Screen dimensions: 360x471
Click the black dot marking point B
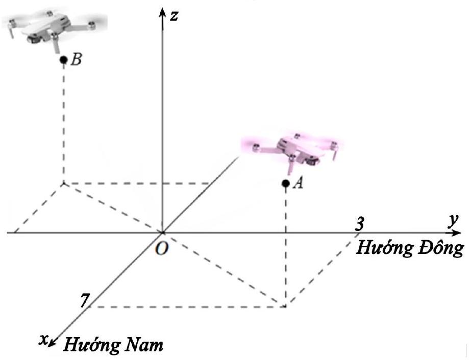coord(63,60)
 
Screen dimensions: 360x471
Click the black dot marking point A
coord(286,183)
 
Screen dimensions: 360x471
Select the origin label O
coord(163,249)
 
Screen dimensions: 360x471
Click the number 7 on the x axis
coord(83,301)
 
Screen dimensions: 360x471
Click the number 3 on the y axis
coord(360,223)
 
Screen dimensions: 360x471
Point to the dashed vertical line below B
coord(63,122)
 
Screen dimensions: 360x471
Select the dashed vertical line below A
coord(286,245)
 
